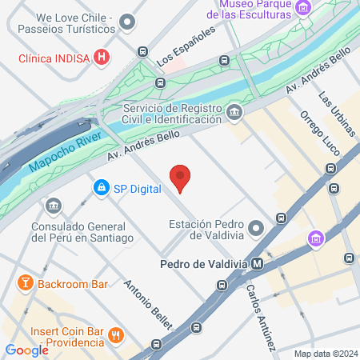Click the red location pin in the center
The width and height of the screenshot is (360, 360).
(181, 178)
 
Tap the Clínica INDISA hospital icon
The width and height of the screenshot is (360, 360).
(102, 58)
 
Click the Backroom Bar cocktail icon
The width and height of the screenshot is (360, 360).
(26, 283)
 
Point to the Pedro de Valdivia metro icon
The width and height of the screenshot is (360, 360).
(257, 263)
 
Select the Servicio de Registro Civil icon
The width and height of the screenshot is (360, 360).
(234, 111)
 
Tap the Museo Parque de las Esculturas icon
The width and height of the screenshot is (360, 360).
(302, 9)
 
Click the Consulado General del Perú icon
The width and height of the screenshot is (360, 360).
(54, 206)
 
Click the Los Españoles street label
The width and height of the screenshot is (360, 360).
(186, 46)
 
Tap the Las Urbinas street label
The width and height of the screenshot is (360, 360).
(336, 113)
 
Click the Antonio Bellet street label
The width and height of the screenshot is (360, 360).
(149, 303)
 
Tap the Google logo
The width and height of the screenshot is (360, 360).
(26, 350)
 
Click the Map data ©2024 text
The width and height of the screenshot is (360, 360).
(325, 354)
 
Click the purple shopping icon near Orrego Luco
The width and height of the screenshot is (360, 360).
(317, 238)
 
